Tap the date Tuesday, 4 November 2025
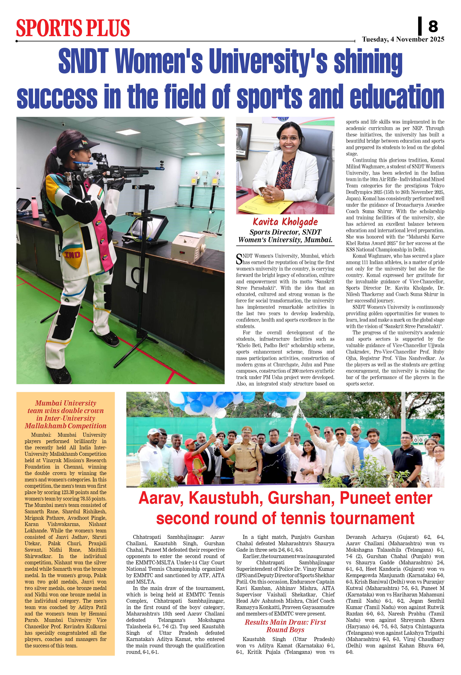click(x=403, y=39)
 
